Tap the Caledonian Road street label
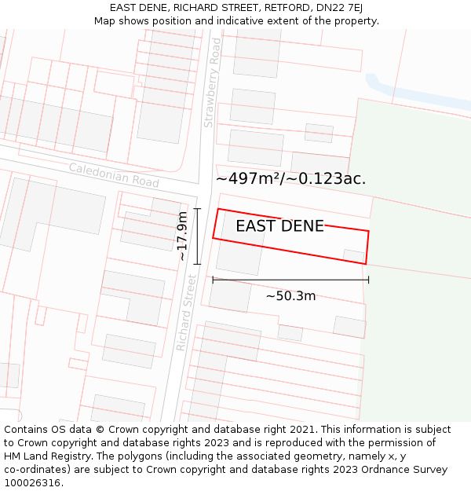114,174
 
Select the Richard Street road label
185,313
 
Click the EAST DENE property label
279,226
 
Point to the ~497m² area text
250,179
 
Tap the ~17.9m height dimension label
182,236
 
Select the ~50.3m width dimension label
290,296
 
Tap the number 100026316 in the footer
32,482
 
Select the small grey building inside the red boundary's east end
354,256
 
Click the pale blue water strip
416,95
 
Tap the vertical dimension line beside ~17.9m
197,236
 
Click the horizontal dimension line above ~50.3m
290,280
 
